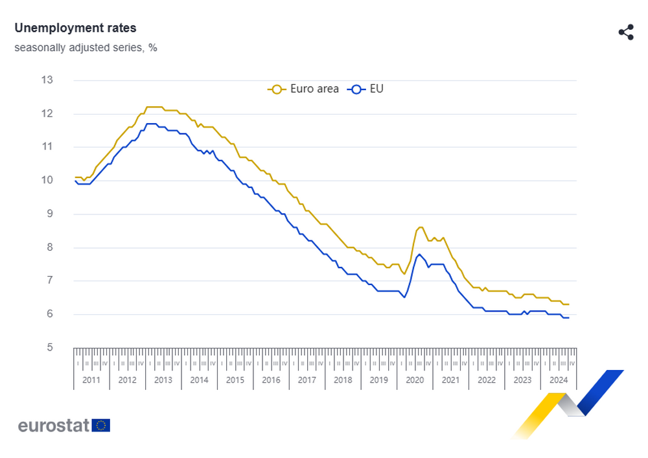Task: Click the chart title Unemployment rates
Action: (x=75, y=28)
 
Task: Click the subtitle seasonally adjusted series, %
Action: (x=86, y=47)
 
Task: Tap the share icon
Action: (x=625, y=32)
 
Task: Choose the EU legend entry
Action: (x=367, y=89)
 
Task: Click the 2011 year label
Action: (x=91, y=380)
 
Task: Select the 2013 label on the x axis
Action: (x=163, y=380)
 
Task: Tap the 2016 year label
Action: (x=271, y=380)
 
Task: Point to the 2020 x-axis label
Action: (x=415, y=380)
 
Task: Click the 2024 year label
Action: (x=558, y=380)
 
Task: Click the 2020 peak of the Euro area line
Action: (x=420, y=227)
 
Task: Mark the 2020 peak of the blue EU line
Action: (x=419, y=254)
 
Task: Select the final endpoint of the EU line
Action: (x=568, y=317)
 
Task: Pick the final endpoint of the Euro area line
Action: (x=568, y=304)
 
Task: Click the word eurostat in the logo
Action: (x=54, y=426)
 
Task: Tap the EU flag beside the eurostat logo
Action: (x=101, y=425)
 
